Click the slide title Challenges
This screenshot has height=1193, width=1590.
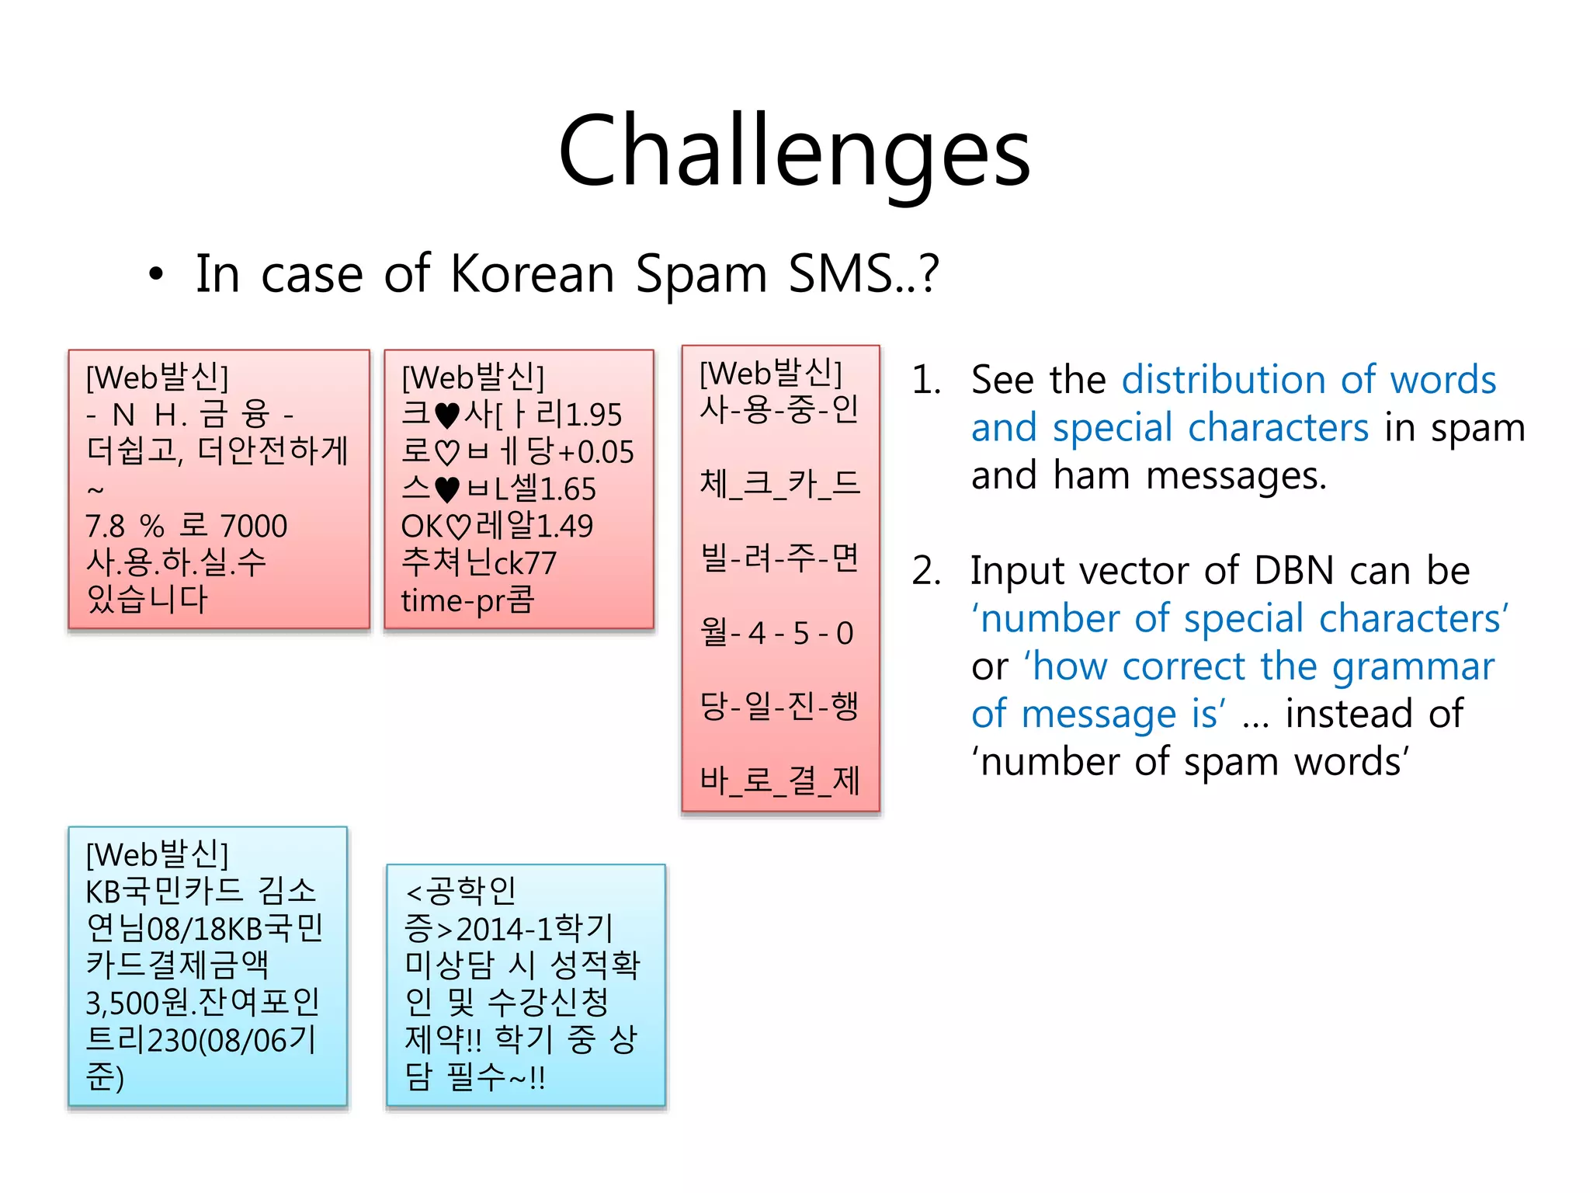click(x=793, y=151)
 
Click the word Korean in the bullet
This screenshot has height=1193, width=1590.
click(x=533, y=274)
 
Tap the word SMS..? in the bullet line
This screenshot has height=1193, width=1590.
click(x=863, y=274)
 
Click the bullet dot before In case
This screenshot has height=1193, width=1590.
click(x=156, y=275)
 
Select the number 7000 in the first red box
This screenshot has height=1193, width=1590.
click(x=253, y=527)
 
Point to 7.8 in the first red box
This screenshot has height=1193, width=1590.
click(x=105, y=527)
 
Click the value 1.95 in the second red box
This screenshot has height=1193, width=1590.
click(x=593, y=415)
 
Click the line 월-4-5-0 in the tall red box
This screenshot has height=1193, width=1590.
click(x=777, y=633)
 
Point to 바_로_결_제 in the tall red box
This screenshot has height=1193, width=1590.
click(x=779, y=781)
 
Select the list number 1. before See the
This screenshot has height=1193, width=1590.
click(x=926, y=381)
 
